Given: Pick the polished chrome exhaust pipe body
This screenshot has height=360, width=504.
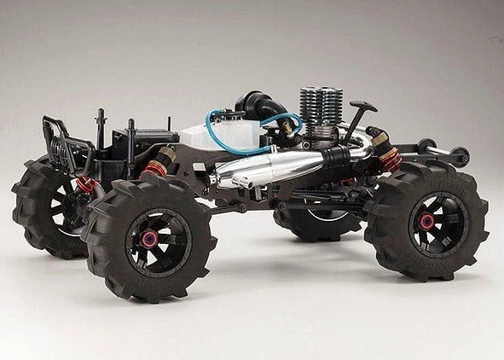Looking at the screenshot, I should (x=273, y=166).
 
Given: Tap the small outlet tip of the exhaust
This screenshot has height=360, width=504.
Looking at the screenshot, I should (x=223, y=181).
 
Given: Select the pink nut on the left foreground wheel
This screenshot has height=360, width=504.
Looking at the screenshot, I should (x=149, y=239).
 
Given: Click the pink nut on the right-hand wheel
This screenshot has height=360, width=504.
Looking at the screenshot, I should (x=427, y=222).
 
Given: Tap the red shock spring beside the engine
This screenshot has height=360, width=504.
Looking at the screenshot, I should (x=391, y=157).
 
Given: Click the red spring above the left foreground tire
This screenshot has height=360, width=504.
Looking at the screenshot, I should (x=155, y=167).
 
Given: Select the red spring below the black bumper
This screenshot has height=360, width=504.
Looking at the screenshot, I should (x=86, y=185).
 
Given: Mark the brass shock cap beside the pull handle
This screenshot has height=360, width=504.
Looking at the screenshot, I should (x=378, y=136).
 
